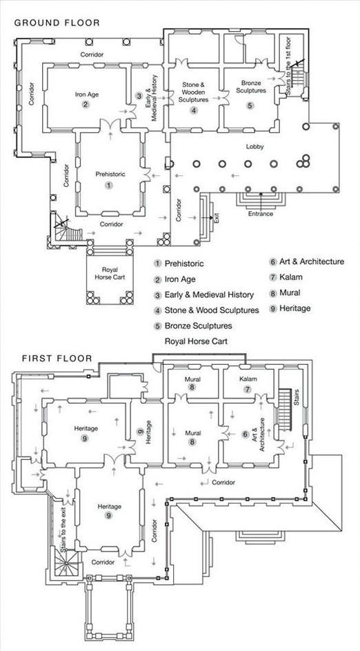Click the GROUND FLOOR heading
(57, 23)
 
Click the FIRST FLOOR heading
(57, 359)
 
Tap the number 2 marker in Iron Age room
(86, 105)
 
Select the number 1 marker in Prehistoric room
(109, 186)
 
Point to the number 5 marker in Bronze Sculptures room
(250, 106)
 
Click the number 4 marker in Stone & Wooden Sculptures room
(194, 110)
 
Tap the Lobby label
(255, 147)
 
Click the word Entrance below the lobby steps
(261, 214)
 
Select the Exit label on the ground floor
(216, 217)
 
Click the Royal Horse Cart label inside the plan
(110, 273)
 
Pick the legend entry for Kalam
(286, 277)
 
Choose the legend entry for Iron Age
(174, 279)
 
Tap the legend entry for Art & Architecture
(307, 261)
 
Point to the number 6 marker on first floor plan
(246, 434)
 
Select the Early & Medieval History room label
(150, 97)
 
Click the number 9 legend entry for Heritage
(290, 308)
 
